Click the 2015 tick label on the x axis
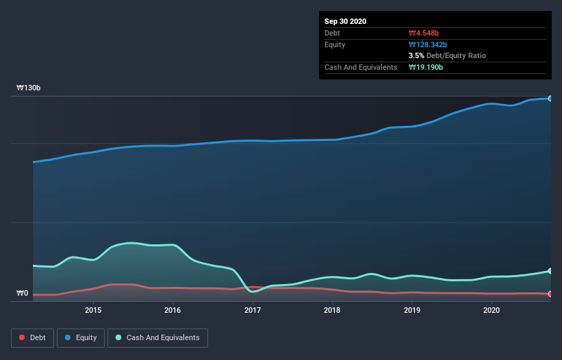coord(93,310)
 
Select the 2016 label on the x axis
coord(173,310)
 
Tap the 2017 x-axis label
coord(253,310)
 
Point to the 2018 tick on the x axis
coord(332,310)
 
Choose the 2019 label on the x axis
coord(412,310)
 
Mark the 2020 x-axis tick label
coord(491,310)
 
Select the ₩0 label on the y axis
coord(23,294)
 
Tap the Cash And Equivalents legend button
coord(157,337)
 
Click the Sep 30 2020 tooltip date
coord(345,21)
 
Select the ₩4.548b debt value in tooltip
coord(424,33)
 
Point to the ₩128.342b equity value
coord(428,44)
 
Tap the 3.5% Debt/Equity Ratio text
coord(447,55)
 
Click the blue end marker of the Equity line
coord(550,99)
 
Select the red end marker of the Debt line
coord(550,294)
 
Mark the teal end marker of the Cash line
coord(550,271)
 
